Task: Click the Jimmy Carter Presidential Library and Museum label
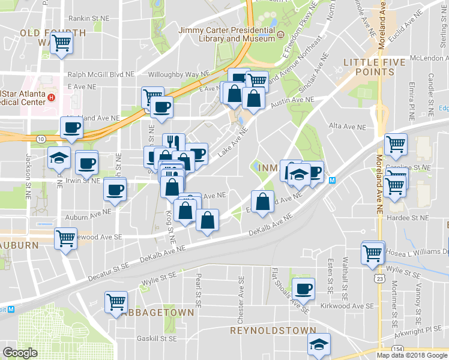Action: (226, 34)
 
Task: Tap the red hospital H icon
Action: (52, 97)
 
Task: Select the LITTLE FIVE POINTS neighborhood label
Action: (369, 67)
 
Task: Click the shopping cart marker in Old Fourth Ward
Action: (61, 43)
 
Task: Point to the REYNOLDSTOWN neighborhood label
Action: (273, 331)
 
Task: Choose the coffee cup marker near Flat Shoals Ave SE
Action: (303, 289)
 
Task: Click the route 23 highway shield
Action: (378, 279)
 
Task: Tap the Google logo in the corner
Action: (20, 352)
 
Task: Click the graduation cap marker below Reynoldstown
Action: (319, 344)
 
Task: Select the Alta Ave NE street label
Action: (348, 127)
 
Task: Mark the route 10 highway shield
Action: (40, 139)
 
